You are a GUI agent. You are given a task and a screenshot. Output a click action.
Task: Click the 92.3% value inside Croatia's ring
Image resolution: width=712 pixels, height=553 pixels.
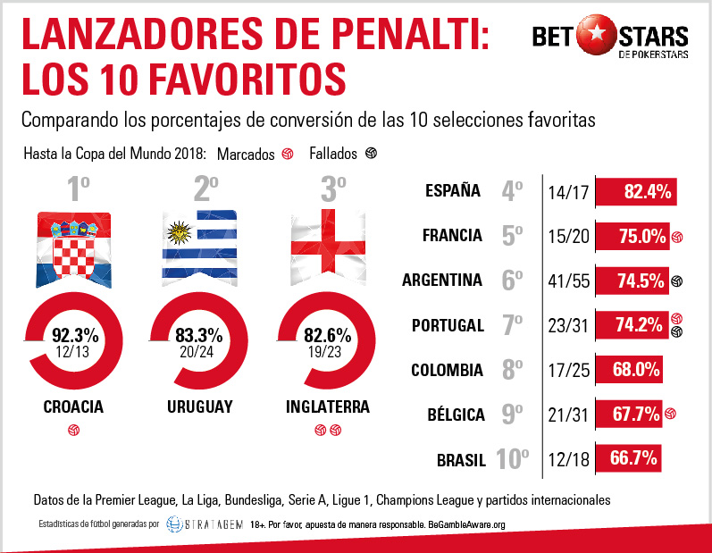74,336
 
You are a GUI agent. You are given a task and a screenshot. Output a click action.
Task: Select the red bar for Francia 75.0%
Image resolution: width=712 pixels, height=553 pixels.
632,236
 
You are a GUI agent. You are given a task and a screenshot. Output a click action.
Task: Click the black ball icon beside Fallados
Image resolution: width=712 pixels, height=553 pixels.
371,154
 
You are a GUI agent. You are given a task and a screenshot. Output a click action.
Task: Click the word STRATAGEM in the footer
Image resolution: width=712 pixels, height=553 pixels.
213,525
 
